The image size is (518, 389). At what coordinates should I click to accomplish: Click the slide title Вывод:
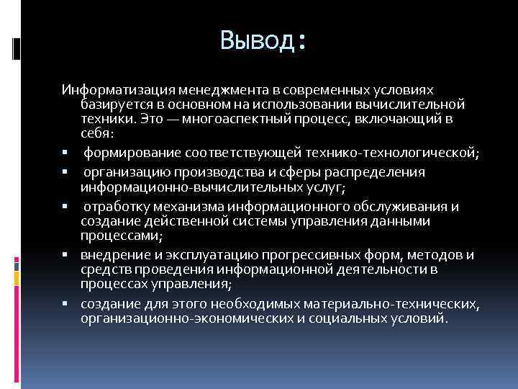[264, 41]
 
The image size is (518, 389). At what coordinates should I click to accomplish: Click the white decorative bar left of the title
[17, 48]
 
